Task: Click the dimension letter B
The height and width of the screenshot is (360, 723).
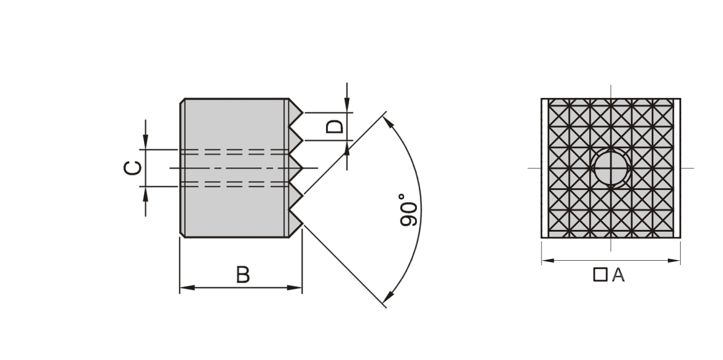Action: click(243, 274)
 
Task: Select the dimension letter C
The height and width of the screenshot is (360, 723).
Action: click(133, 168)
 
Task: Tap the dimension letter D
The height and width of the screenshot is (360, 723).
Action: click(335, 126)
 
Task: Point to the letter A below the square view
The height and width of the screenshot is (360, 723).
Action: click(618, 275)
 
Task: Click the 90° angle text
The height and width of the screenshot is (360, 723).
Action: click(408, 210)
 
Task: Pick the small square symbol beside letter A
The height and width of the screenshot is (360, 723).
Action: click(600, 274)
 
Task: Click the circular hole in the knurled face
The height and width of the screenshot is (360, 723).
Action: click(612, 168)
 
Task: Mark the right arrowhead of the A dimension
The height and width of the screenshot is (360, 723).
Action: click(673, 260)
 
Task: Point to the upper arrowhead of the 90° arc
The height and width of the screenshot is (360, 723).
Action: click(388, 122)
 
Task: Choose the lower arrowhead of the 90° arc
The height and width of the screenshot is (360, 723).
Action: click(388, 297)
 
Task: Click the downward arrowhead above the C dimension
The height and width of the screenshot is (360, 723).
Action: click(146, 142)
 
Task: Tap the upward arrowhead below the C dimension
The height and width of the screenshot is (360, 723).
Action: click(146, 194)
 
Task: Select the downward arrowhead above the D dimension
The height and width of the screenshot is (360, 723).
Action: click(347, 105)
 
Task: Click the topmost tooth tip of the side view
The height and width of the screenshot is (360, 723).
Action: click(303, 113)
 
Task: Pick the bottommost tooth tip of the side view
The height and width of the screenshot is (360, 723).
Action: click(303, 224)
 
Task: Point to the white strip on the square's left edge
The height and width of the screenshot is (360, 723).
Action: click(545, 168)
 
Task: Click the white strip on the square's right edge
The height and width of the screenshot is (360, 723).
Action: click(677, 168)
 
